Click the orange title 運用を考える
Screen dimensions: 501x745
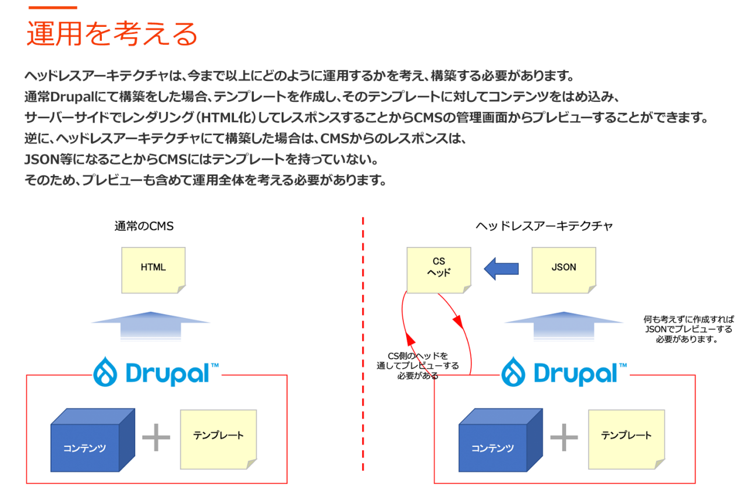tap(112, 34)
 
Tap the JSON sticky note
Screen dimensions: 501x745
tap(563, 269)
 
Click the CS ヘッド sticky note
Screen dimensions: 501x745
tap(438, 269)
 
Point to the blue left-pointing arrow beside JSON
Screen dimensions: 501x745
tap(501, 267)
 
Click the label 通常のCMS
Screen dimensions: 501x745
tap(144, 227)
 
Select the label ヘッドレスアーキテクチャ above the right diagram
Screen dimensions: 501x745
tap(544, 227)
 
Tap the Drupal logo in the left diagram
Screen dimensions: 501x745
tap(156, 371)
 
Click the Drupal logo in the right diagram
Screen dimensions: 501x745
tap(564, 371)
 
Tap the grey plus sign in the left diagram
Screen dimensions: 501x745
tap(156, 438)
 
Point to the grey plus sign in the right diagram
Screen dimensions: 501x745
tap(563, 438)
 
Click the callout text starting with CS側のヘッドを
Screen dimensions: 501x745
tap(417, 366)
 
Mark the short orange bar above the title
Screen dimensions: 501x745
tap(52, 7)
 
